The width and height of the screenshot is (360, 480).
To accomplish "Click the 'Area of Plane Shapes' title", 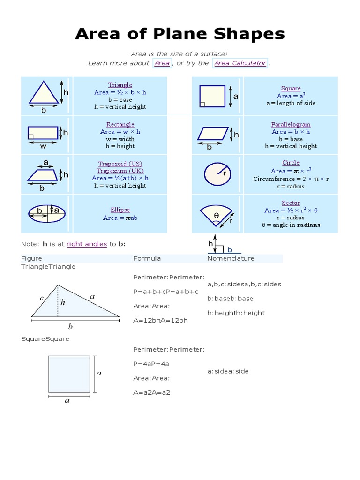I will (180, 34).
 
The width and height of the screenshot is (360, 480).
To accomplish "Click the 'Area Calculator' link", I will (240, 63).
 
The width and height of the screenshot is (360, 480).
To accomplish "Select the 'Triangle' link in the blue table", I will (120, 85).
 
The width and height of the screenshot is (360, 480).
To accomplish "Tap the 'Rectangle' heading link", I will (120, 124).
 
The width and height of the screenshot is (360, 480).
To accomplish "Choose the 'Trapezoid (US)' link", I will (120, 164).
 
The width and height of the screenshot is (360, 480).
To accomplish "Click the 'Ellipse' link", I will (120, 210).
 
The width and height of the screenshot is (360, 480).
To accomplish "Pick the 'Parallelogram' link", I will (291, 124).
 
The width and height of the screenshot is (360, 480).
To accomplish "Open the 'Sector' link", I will (291, 203).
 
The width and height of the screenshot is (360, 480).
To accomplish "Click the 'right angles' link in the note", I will (87, 244).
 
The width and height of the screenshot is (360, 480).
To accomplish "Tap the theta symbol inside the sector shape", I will (216, 215).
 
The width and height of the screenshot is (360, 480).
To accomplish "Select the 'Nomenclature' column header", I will (231, 258).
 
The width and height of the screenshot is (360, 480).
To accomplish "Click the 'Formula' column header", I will (147, 258).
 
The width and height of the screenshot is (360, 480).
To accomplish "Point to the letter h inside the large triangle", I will (63, 303).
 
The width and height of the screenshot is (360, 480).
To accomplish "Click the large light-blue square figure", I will (69, 374).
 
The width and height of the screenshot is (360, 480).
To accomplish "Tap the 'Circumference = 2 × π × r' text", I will (291, 179).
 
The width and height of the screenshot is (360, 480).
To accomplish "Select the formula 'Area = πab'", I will (120, 217).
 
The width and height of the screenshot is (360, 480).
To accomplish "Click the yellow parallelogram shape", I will (213, 134).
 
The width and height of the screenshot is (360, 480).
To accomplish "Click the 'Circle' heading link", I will (291, 163).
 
